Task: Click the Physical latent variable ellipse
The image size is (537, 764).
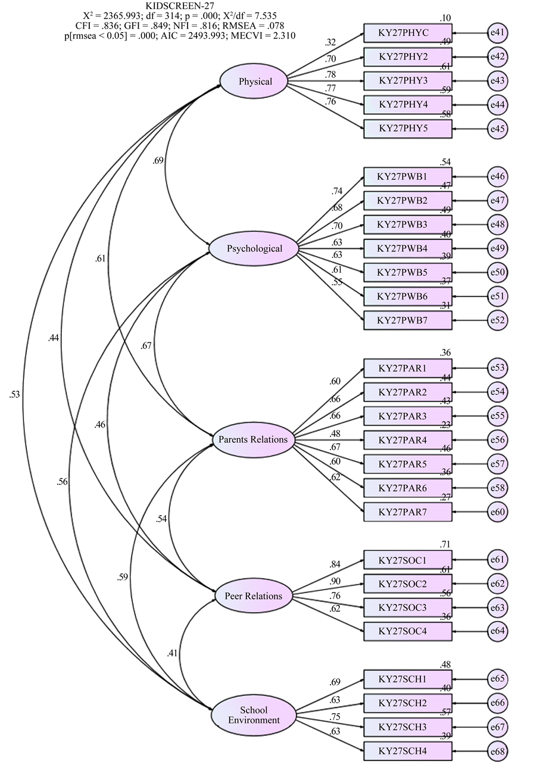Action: (x=254, y=82)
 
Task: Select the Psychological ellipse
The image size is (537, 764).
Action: (x=254, y=248)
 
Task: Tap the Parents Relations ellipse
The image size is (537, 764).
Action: (x=254, y=440)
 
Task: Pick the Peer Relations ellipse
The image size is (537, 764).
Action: (x=254, y=595)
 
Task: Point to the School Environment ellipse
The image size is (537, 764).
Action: (x=254, y=715)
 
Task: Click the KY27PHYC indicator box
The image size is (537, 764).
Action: (x=408, y=32)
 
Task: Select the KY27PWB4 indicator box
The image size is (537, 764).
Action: (x=408, y=248)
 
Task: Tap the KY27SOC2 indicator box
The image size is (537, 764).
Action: (x=408, y=584)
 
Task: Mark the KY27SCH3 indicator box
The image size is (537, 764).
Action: (x=408, y=727)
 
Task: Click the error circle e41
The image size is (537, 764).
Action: (x=497, y=32)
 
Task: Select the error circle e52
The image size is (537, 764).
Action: (x=497, y=320)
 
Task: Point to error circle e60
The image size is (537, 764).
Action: (x=497, y=512)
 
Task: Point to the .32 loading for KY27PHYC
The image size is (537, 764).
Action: (x=331, y=43)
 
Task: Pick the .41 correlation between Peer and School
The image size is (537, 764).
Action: (x=173, y=653)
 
